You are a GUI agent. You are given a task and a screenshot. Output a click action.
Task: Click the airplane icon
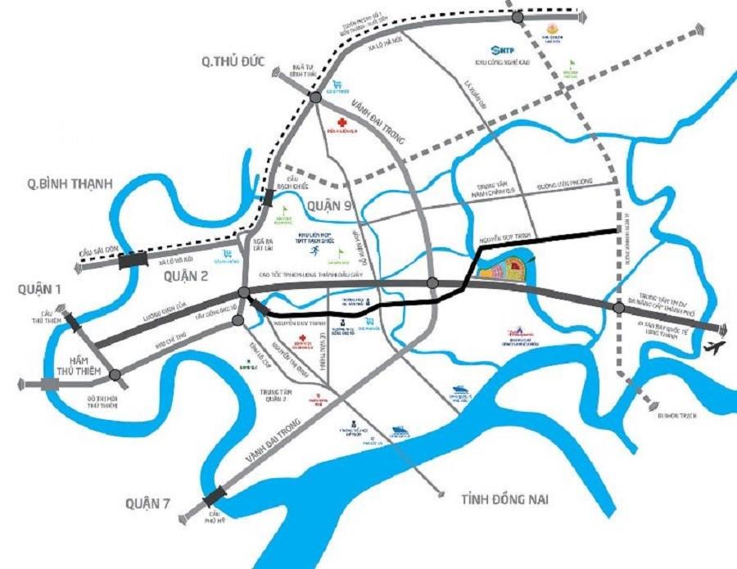[x=714, y=347]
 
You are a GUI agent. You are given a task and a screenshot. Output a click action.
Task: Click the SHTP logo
[x=500, y=50]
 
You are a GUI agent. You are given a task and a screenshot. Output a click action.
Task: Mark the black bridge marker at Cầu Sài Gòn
[x=133, y=260]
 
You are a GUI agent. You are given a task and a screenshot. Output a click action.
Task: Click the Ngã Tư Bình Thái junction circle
[x=315, y=97]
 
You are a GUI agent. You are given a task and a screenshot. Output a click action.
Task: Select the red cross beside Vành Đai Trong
[x=332, y=118]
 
